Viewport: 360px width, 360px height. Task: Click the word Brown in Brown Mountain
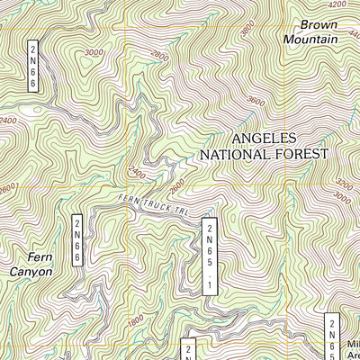[x=319, y=25]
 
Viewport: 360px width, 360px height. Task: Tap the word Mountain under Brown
[x=310, y=40]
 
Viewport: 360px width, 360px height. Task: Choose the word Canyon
[x=25, y=270]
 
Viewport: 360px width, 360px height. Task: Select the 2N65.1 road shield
[x=210, y=255]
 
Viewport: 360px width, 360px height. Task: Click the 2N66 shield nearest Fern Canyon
[x=77, y=240]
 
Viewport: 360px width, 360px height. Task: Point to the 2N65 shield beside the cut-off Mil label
[x=331, y=336]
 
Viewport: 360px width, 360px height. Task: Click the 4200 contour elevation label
[x=337, y=4]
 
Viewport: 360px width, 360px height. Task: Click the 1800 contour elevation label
[x=134, y=318]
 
